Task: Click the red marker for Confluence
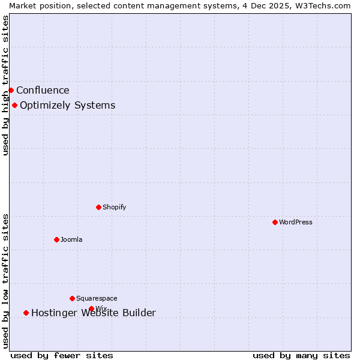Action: click(x=11, y=90)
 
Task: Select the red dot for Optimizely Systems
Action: click(x=14, y=106)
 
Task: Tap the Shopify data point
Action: click(x=98, y=207)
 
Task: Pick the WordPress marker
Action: click(x=275, y=222)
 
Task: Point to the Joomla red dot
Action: click(x=56, y=239)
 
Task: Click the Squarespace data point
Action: click(x=72, y=298)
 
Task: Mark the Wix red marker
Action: click(x=91, y=308)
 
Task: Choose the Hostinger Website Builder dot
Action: click(x=26, y=313)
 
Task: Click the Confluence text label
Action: click(x=43, y=91)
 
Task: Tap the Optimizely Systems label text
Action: click(x=67, y=106)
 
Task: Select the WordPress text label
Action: click(x=295, y=222)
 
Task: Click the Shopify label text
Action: click(x=114, y=207)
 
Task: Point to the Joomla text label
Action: click(x=71, y=239)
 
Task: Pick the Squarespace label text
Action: click(x=97, y=298)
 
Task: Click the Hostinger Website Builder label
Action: click(x=93, y=313)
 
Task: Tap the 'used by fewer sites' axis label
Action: click(x=62, y=355)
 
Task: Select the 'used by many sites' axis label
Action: click(x=301, y=355)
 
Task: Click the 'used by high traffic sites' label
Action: click(x=5, y=85)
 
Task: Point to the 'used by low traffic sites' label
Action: click(x=5, y=281)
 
